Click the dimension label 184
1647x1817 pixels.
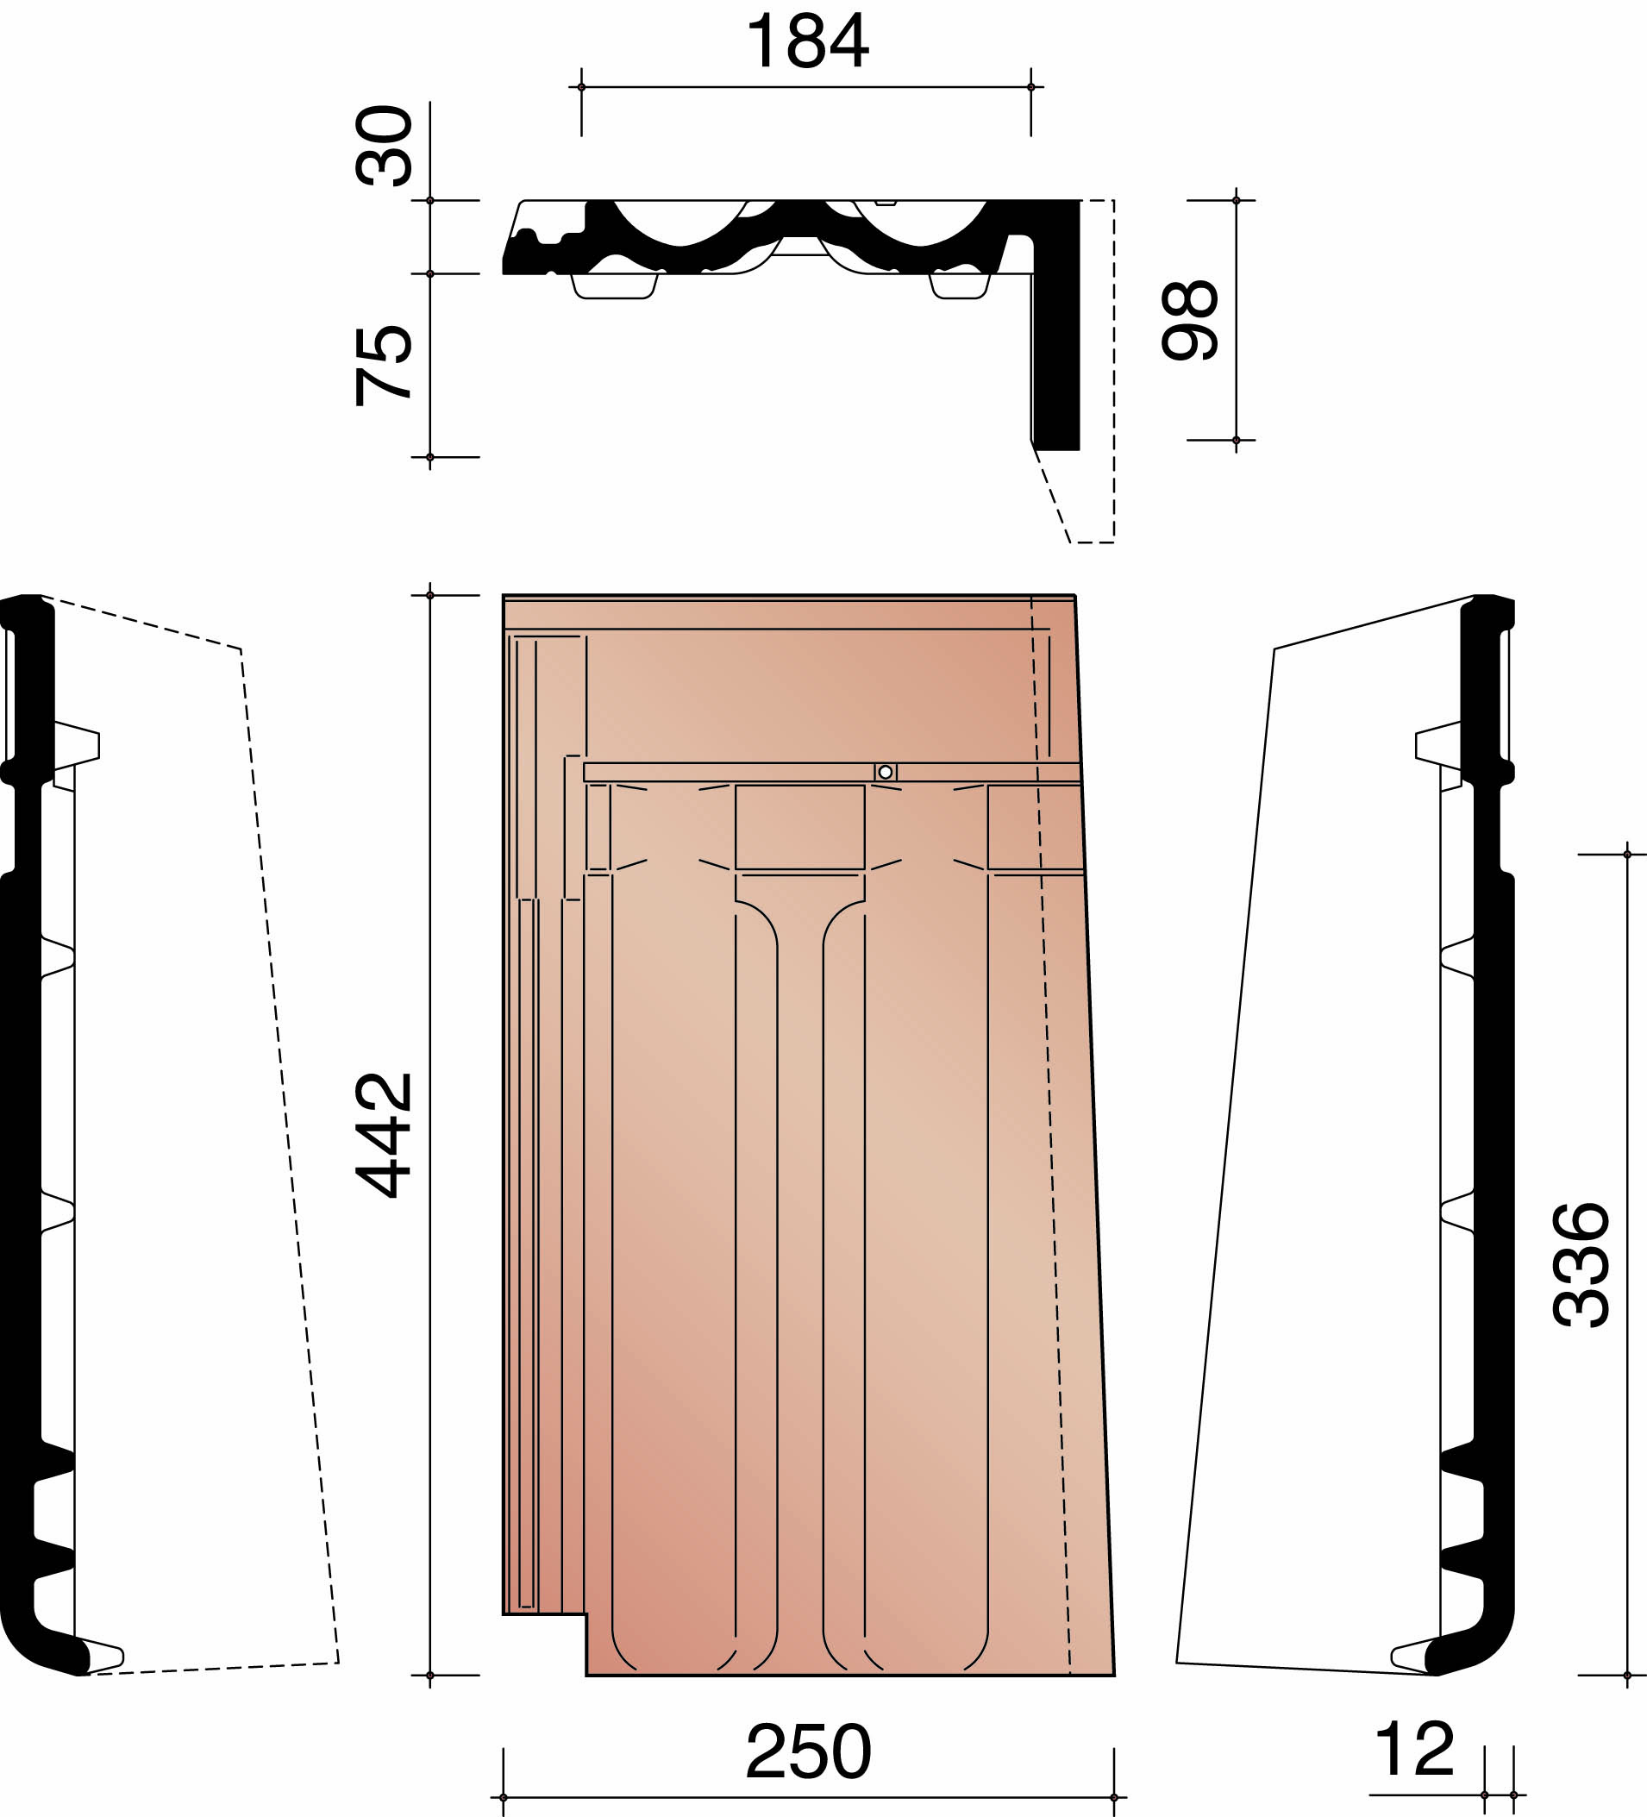807,41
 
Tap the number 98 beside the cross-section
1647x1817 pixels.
1190,321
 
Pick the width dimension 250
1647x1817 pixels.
808,1752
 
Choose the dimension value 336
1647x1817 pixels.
1581,1265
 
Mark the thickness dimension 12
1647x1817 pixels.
1414,1749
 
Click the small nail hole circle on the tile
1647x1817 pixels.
885,773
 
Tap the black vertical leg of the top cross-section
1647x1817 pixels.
1056,360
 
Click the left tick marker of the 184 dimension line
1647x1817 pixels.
581,87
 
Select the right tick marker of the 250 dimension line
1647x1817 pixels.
1113,1797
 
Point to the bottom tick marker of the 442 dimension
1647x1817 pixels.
429,1676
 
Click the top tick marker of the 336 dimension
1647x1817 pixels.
1627,855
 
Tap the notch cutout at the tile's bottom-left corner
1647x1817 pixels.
544,1645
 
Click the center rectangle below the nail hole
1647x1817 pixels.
799,827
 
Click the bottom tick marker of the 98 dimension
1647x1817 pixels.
1237,440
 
